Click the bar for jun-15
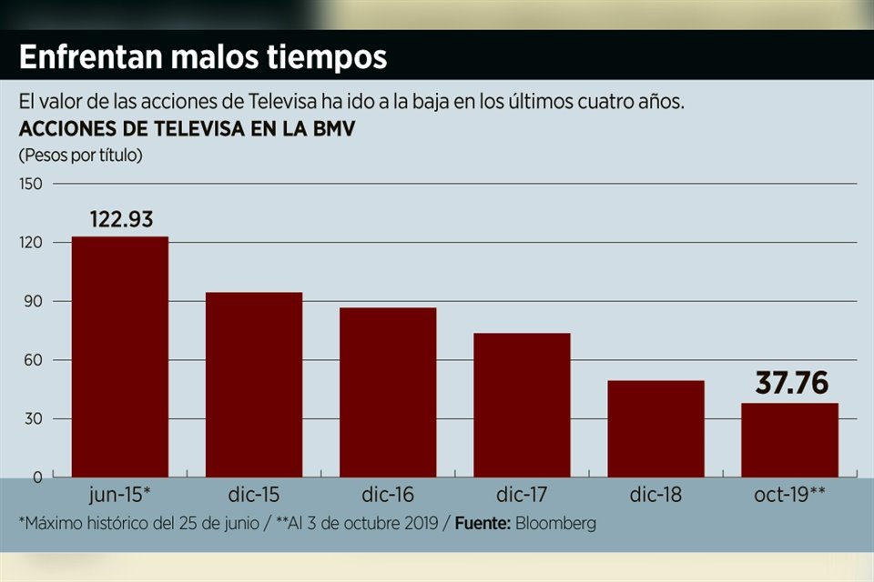point(120,356)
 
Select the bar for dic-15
point(254,384)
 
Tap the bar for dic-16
point(388,392)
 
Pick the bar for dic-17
point(522,405)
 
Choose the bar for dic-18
point(655,428)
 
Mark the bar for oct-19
point(789,440)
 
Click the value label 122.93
point(120,219)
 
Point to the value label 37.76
point(791,384)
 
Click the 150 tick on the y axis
point(31,184)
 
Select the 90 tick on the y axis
point(34,301)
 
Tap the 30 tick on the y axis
point(34,418)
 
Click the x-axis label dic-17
point(522,496)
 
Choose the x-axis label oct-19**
point(789,496)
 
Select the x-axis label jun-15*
point(120,496)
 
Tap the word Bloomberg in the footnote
point(554,524)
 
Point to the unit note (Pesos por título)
point(81,155)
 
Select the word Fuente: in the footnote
point(481,524)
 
